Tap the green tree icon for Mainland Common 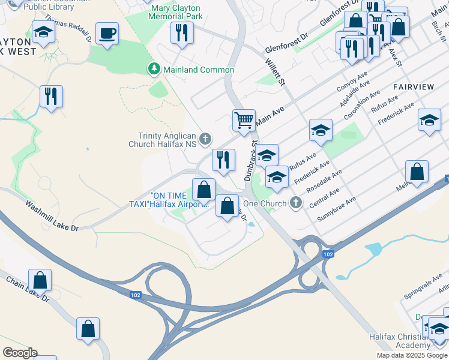point(154,70)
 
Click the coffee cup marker point(107,34)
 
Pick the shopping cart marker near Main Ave point(244,121)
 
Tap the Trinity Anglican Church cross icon point(205,140)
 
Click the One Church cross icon point(295,203)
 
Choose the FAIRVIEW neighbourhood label point(413,87)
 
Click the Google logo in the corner point(20,353)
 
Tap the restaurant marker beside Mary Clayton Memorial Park point(182,32)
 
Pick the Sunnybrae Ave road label point(337,206)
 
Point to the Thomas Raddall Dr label point(70,29)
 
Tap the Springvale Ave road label point(421,280)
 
